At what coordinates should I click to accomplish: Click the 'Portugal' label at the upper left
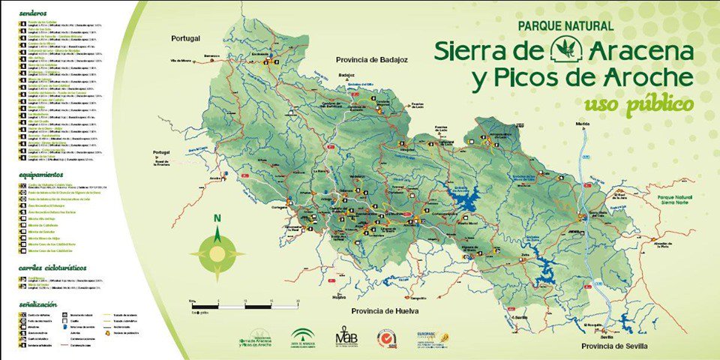187,38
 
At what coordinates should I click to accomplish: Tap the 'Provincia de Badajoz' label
370,60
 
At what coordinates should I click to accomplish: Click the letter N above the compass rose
217,219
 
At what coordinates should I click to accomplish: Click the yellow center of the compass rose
217,254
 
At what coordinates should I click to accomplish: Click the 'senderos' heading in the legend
34,13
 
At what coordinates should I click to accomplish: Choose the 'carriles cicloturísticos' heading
53,267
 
